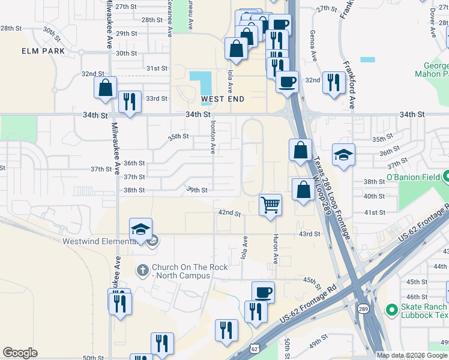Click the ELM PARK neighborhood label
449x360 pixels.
pyautogui.click(x=43, y=51)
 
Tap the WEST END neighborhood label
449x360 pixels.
pyautogui.click(x=222, y=98)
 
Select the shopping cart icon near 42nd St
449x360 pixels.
pyautogui.click(x=271, y=204)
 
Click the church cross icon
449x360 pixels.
pyautogui.click(x=143, y=269)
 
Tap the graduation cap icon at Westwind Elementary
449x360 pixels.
pyautogui.click(x=140, y=229)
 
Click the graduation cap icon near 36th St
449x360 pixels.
pyautogui.click(x=343, y=155)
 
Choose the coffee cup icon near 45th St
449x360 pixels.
pyautogui.click(x=263, y=292)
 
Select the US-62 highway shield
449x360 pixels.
pyautogui.click(x=255, y=349)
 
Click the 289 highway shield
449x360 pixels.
pyautogui.click(x=364, y=308)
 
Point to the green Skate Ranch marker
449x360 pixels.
pyautogui.click(x=392, y=310)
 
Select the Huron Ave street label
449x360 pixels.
pyautogui.click(x=276, y=249)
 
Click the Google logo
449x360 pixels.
pyautogui.click(x=20, y=353)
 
